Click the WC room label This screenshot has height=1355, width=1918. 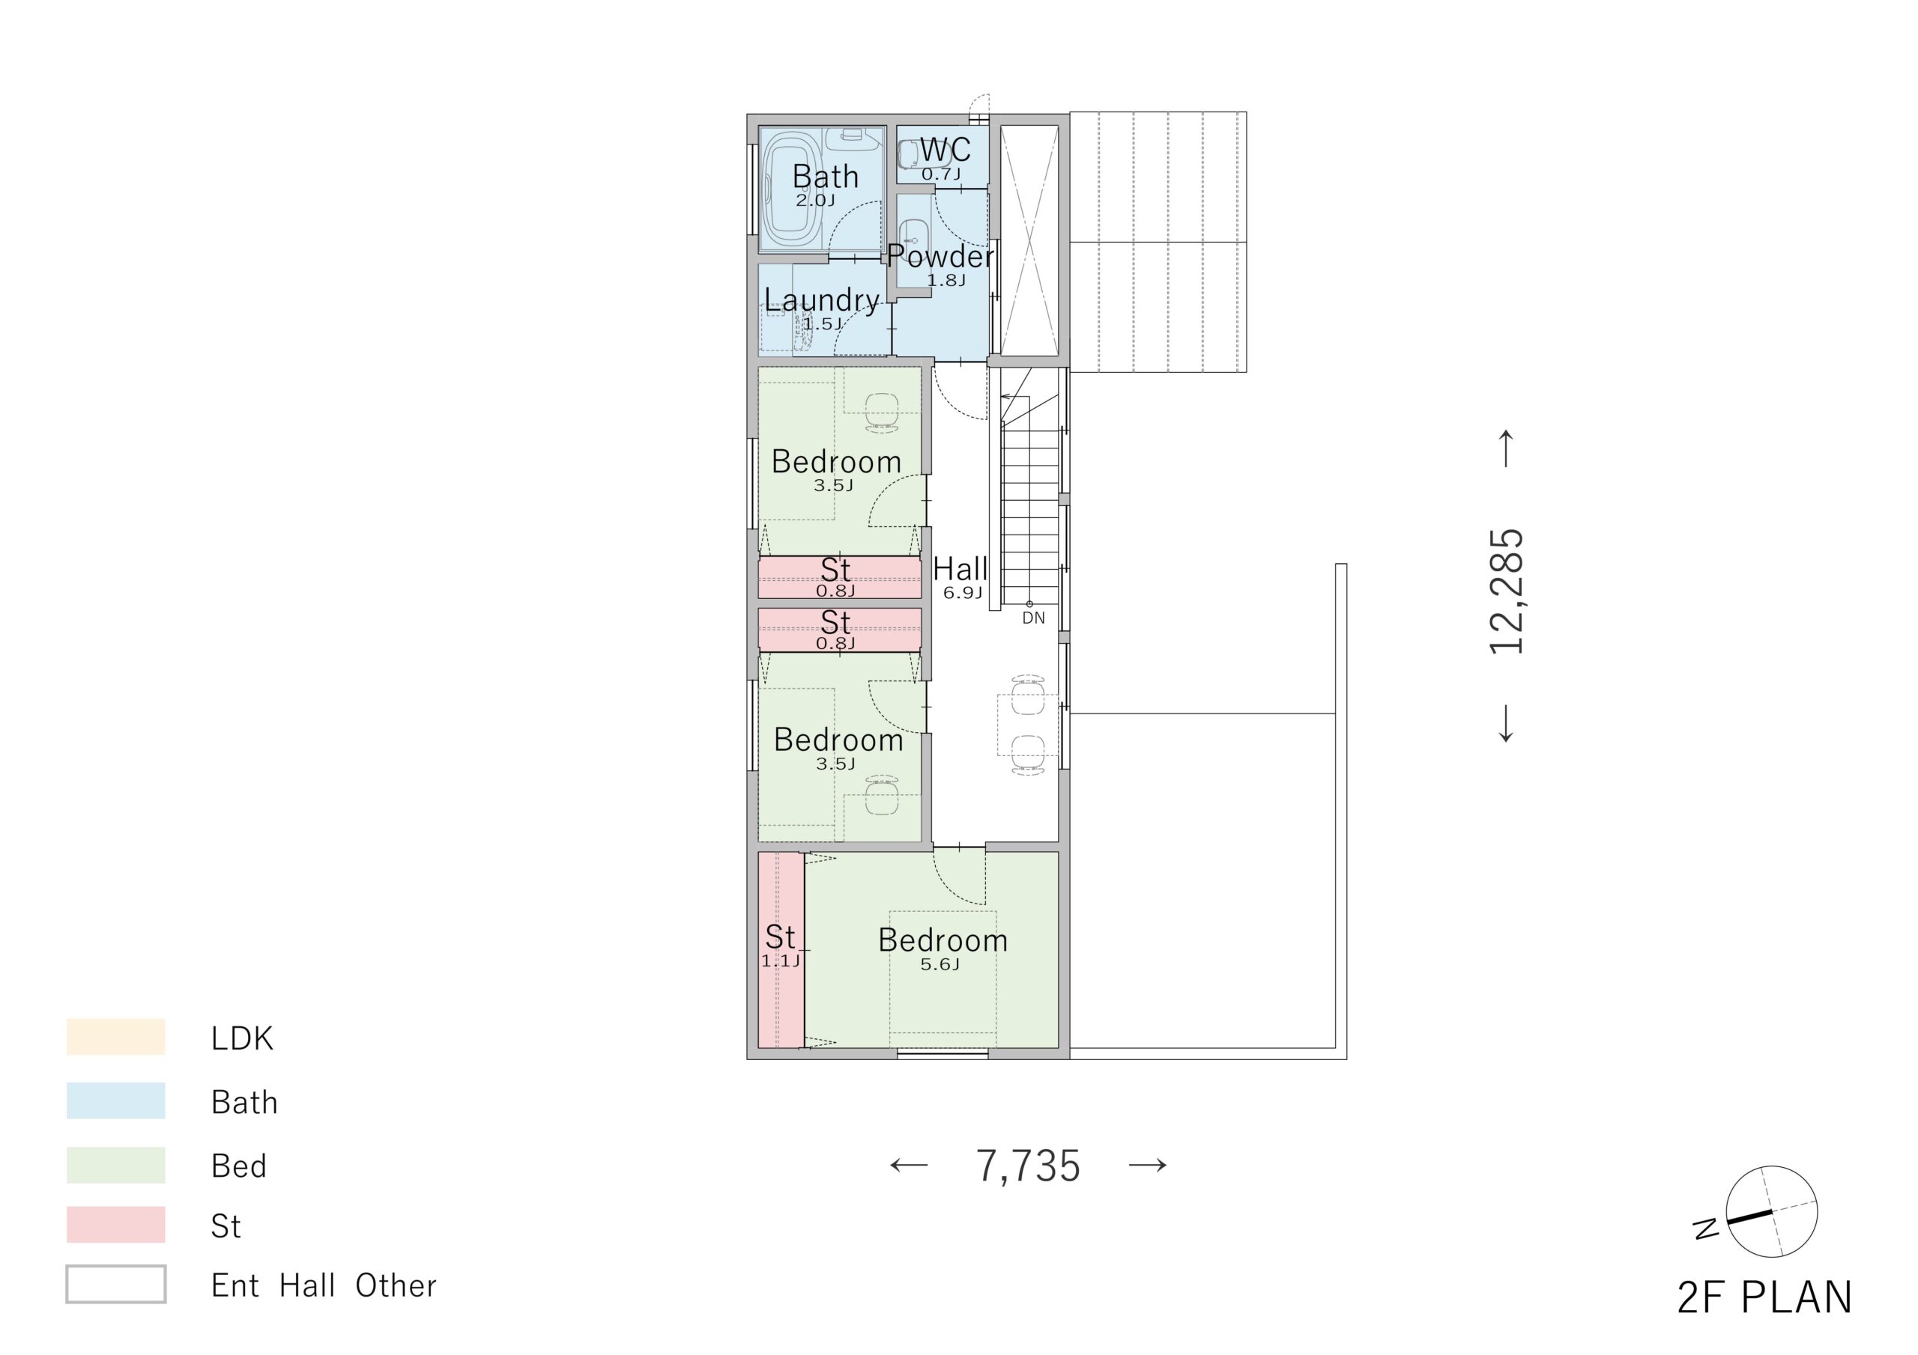[945, 150]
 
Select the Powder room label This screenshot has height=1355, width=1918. [940, 255]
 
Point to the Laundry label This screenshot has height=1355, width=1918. [822, 299]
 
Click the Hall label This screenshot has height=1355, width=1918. [960, 570]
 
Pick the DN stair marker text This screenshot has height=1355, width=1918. [1033, 618]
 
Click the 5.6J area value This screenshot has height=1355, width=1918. [940, 965]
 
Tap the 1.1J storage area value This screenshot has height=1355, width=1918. [780, 961]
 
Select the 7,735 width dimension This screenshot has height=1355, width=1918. [1029, 1166]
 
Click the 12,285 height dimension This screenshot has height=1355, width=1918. [1507, 591]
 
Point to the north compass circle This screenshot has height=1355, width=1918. [1772, 1211]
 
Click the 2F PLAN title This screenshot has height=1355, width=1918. [1765, 1297]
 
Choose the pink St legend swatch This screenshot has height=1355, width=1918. [116, 1225]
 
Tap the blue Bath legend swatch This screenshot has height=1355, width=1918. [116, 1101]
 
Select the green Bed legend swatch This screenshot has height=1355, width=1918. [116, 1165]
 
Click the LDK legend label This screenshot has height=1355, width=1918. [242, 1038]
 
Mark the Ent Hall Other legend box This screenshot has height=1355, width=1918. [116, 1285]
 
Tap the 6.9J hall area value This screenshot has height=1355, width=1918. [962, 594]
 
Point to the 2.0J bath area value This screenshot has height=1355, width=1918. [814, 201]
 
